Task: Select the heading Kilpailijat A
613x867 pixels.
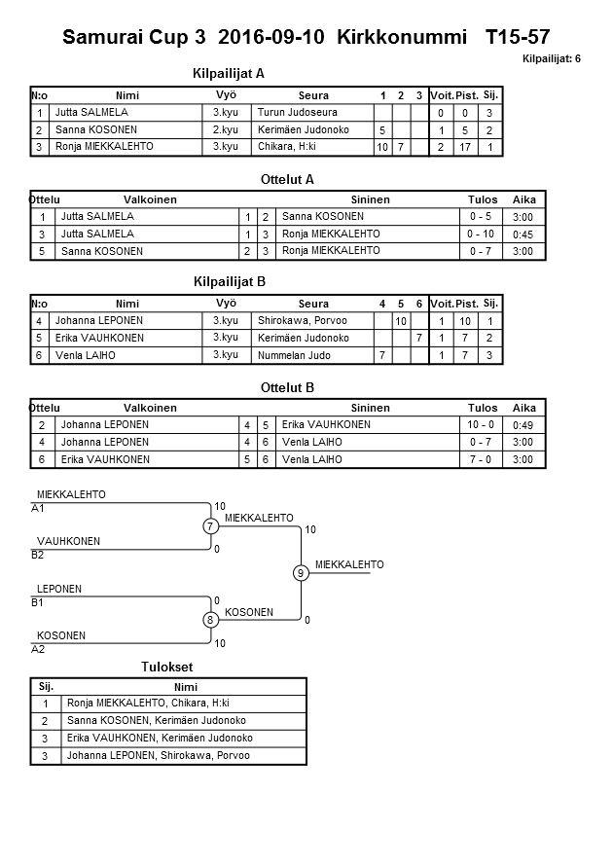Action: [x=230, y=73]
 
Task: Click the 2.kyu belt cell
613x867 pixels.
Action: [x=226, y=129]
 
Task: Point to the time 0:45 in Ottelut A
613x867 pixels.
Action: [x=523, y=235]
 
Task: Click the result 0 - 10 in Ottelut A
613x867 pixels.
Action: [x=481, y=235]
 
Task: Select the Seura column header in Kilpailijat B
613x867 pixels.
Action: [x=313, y=304]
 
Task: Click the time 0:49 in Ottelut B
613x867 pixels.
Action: [x=523, y=425]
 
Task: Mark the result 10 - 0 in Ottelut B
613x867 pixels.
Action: [x=481, y=425]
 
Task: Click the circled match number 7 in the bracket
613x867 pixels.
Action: [x=210, y=526]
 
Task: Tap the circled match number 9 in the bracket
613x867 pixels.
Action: [x=302, y=573]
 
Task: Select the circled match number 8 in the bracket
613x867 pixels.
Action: [x=210, y=620]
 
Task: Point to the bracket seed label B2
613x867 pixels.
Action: [x=38, y=556]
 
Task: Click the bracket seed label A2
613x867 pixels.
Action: [x=38, y=649]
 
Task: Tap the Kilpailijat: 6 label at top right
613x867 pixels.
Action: [x=552, y=59]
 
